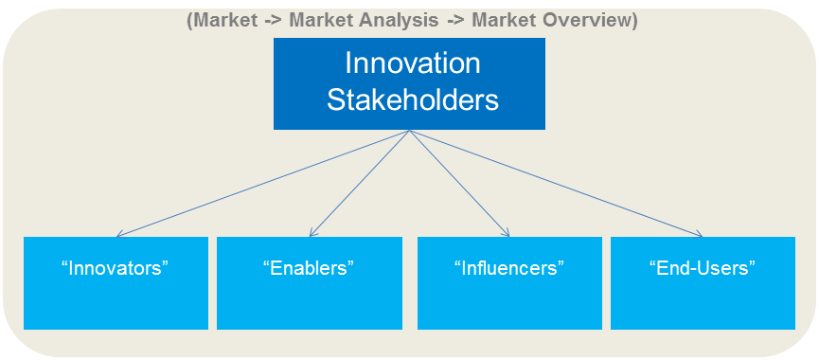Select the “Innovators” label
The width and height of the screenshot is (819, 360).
[115, 268]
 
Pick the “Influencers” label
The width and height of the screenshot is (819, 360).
[509, 268]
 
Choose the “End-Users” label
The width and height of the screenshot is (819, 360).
[702, 268]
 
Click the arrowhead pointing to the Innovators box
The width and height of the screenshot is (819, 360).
[118, 235]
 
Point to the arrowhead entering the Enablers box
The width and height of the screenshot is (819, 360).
[312, 233]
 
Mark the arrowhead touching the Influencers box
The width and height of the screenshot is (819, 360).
[507, 233]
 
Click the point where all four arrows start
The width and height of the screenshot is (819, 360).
[410, 131]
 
